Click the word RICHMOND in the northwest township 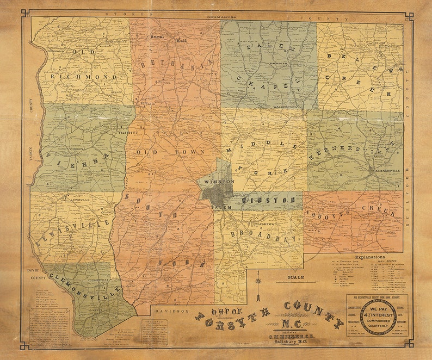tap(84, 77)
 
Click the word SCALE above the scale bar tap(295, 277)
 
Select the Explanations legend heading tap(369, 256)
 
